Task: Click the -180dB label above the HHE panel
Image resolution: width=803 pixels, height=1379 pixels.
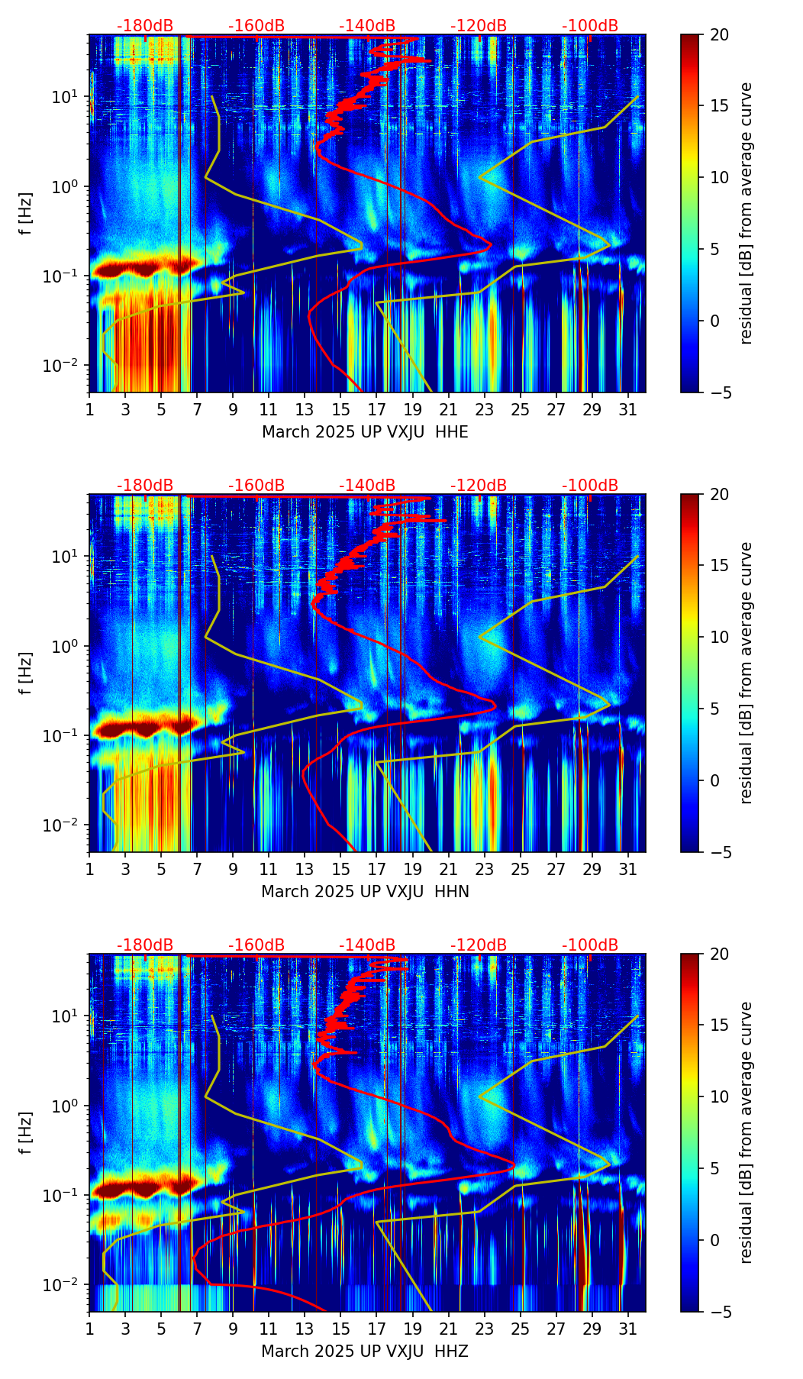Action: coord(145,26)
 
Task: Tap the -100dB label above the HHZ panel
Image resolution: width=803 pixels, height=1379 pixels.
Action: coord(590,945)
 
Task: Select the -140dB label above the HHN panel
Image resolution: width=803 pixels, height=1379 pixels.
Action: coord(367,486)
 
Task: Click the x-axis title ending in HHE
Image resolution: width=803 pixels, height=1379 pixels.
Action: coord(365,432)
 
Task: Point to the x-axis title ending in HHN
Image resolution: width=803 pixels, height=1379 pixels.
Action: coord(365,892)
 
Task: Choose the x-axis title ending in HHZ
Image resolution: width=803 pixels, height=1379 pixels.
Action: coord(365,1352)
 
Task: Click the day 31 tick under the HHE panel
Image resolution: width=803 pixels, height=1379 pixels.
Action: coord(627,409)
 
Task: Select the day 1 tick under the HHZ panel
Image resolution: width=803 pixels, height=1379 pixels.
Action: coord(89,1329)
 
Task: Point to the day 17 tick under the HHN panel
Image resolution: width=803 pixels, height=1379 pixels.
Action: coord(376,869)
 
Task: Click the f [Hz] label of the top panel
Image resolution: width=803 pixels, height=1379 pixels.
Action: coord(26,213)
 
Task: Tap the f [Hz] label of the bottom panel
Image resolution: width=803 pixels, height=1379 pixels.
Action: coord(26,1132)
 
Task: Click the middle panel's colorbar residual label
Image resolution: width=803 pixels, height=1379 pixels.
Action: coord(746,673)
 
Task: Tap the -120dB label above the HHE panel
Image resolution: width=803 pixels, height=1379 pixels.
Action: coord(479,26)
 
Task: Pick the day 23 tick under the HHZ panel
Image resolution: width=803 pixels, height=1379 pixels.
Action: coord(484,1329)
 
